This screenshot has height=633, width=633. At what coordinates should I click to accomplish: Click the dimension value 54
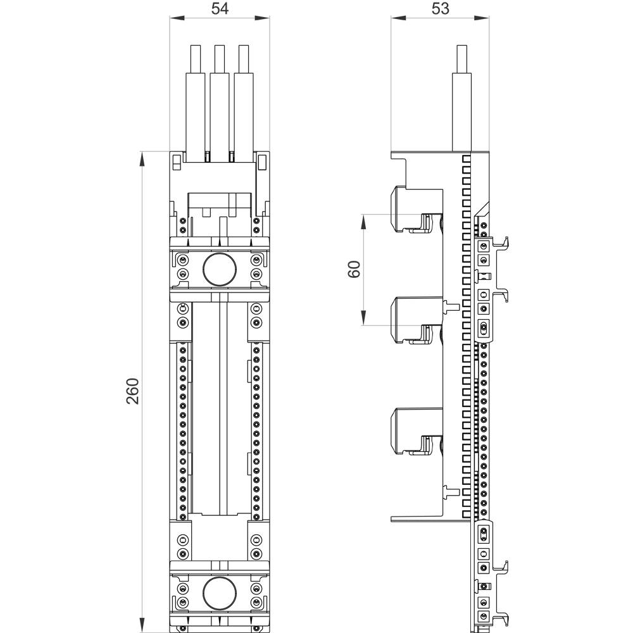click(x=219, y=8)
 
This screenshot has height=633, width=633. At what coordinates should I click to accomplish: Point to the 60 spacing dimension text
click(x=354, y=269)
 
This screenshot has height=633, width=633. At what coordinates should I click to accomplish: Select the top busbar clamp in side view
click(x=411, y=209)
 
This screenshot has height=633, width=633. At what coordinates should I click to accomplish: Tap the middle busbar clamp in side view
click(x=411, y=320)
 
